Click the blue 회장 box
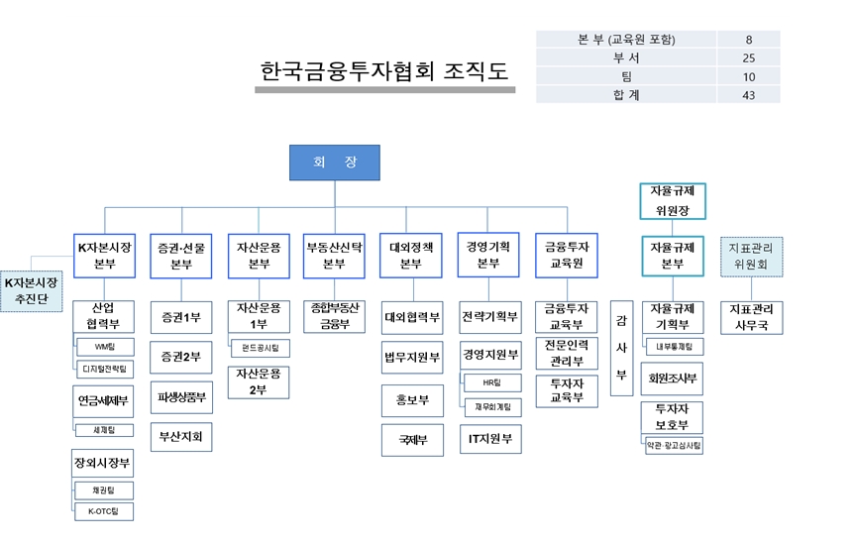[x=334, y=163]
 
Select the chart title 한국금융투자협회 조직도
[x=384, y=71]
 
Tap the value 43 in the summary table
[x=748, y=95]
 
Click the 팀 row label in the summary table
[x=625, y=76]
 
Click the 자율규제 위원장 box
[x=672, y=199]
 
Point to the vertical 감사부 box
[x=621, y=347]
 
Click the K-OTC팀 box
[x=105, y=511]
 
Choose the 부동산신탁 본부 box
[x=334, y=256]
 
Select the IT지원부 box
[x=489, y=437]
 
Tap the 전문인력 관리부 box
[x=567, y=353]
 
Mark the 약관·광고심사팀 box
[x=674, y=446]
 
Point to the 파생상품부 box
[x=180, y=397]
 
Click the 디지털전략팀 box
[x=105, y=369]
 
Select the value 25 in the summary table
[x=748, y=57]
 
